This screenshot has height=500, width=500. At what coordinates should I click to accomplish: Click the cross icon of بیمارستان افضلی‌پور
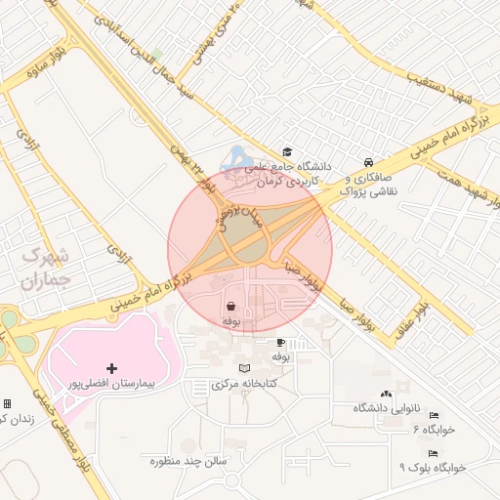[111, 368]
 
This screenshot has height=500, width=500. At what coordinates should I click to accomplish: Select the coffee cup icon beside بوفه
[281, 343]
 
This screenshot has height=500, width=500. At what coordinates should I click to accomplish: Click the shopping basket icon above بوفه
[230, 306]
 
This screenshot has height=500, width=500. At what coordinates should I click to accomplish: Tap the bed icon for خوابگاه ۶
[434, 416]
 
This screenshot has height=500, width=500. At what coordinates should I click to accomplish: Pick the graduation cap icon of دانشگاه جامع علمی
[287, 151]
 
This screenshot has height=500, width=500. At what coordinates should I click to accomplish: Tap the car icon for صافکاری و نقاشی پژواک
[366, 162]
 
